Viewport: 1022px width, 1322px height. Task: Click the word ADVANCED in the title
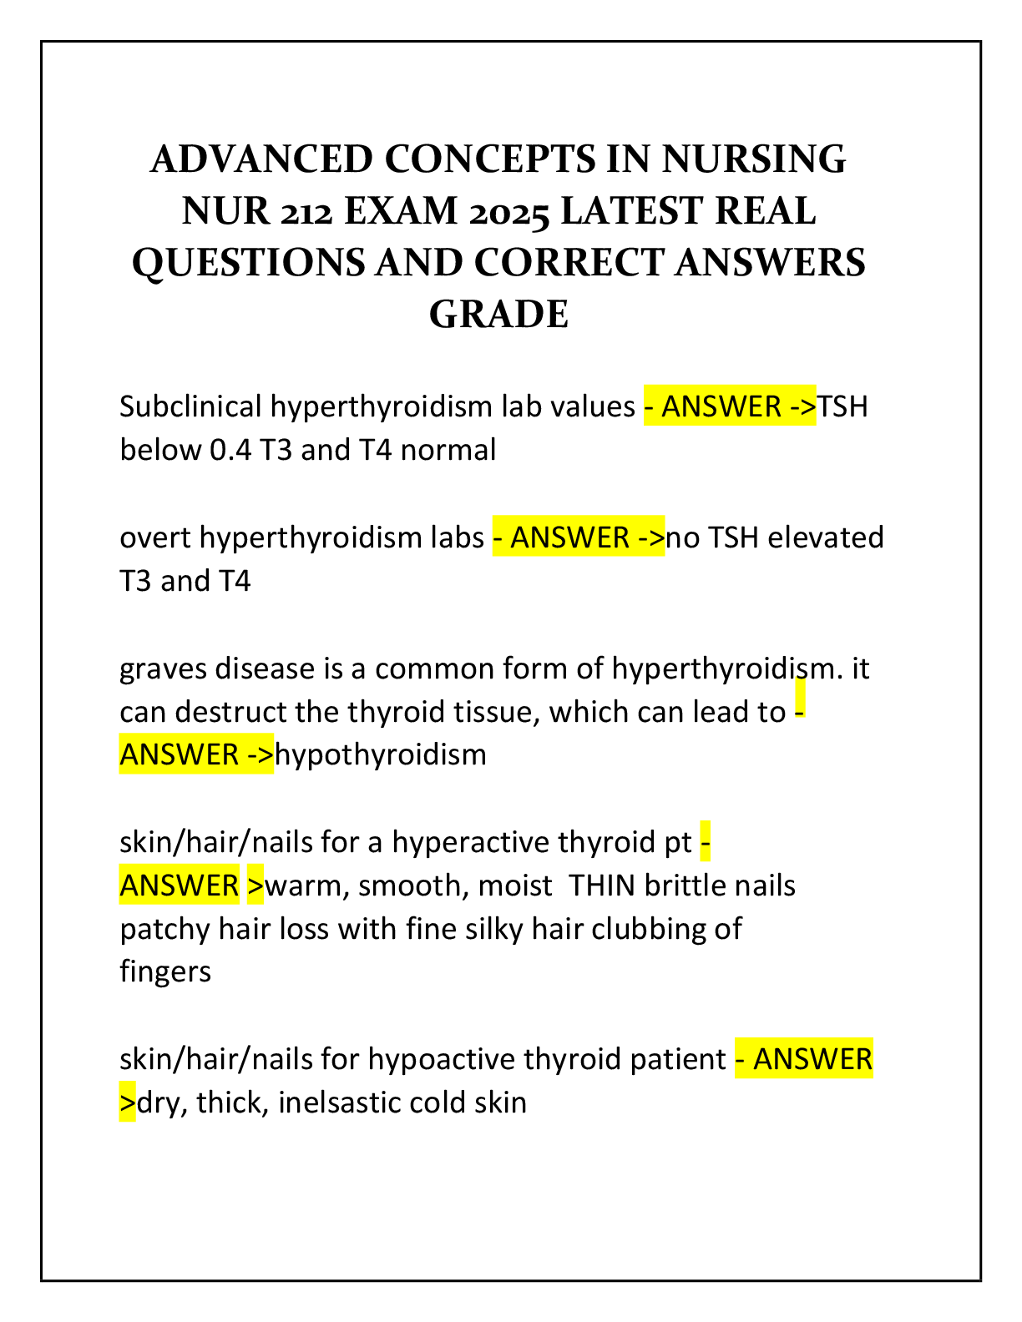[261, 159]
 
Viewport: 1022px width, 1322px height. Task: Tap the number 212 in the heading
[306, 212]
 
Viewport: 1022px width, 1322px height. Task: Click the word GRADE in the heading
[498, 315]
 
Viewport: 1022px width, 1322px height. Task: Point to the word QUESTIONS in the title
[248, 264]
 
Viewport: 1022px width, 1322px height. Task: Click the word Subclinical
[190, 406]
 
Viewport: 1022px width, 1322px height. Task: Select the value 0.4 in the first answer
[230, 450]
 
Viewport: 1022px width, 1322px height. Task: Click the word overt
[156, 537]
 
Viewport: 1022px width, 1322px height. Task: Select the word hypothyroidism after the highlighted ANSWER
[381, 755]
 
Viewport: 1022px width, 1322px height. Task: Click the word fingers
[165, 972]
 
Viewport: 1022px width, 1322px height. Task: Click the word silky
[491, 929]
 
